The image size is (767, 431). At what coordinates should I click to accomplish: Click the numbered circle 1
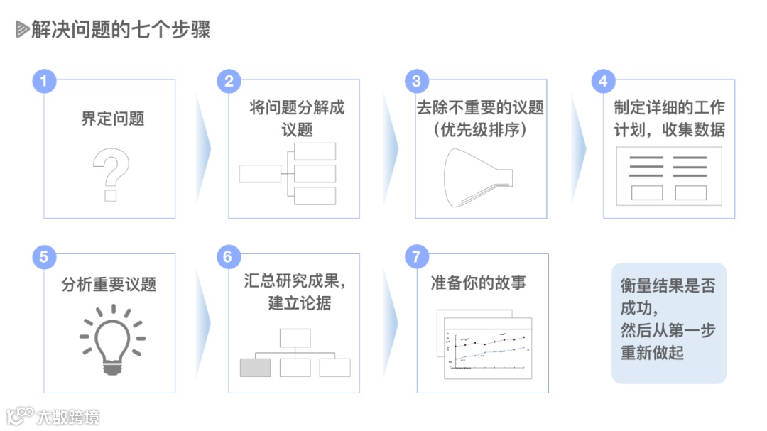44,81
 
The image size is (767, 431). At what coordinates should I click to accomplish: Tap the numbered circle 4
603,81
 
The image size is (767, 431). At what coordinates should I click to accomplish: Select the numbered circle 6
228,256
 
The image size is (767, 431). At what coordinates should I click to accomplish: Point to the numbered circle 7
416,256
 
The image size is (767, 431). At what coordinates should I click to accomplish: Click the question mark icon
111,175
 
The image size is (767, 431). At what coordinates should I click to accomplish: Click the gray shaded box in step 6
256,367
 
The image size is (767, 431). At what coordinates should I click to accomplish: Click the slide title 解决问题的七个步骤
121,30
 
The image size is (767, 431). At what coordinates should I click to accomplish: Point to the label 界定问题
112,118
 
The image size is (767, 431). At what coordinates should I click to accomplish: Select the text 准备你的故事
478,283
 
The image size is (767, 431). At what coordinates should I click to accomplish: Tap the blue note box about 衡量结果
668,323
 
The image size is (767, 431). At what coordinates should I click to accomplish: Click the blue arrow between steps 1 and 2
205,149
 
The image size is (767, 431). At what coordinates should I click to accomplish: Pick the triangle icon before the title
22,30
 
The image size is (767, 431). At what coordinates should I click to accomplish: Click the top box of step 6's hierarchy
295,337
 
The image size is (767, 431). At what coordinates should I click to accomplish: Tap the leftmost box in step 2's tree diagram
260,173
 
